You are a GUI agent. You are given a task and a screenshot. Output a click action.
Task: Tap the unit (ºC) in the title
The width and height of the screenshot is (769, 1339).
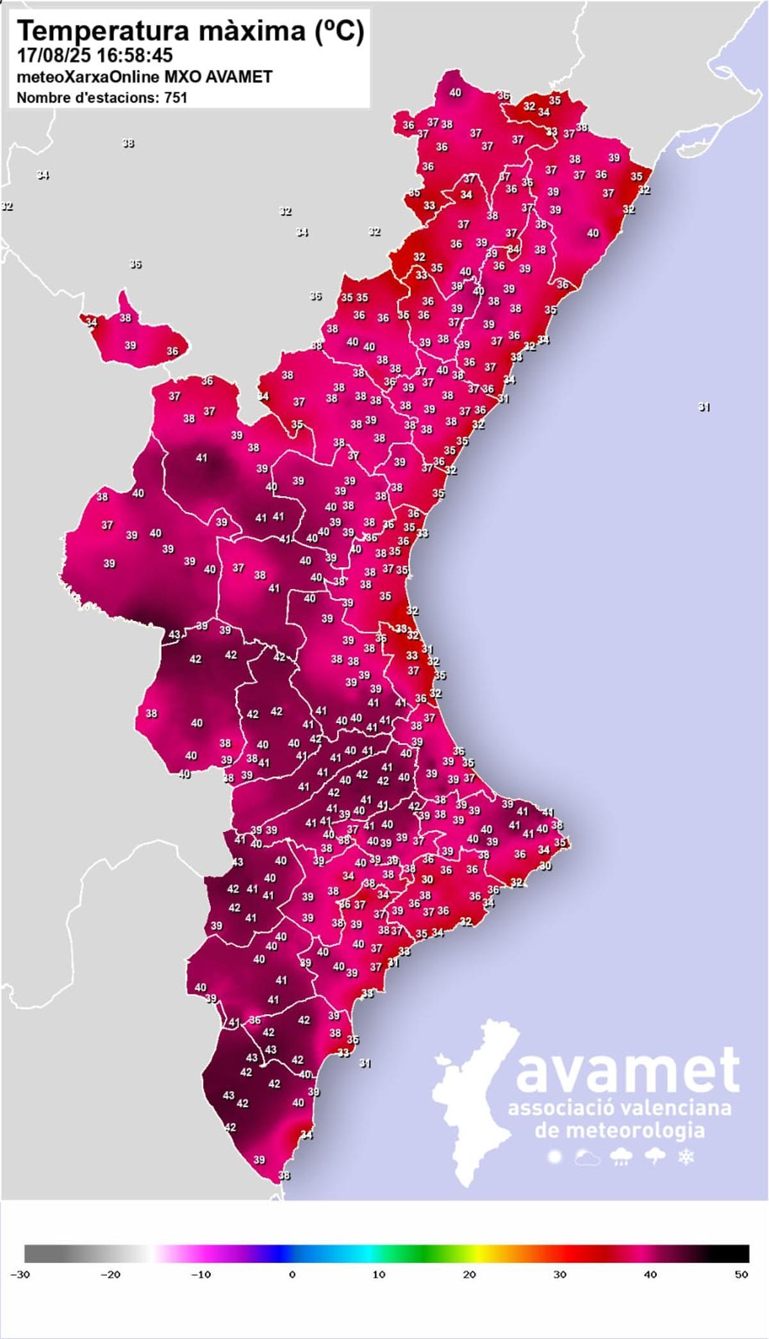(339, 31)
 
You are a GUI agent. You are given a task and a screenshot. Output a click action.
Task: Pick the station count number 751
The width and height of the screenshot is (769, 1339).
(175, 97)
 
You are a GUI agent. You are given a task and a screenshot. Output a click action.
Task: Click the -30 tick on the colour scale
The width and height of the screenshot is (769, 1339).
(20, 1292)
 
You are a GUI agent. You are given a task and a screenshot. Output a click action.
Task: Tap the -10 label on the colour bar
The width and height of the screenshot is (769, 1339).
(201, 1292)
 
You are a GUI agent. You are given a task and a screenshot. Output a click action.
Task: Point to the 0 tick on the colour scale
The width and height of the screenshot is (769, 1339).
(292, 1292)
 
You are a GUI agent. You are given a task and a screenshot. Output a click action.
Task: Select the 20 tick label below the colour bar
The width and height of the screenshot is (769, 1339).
(470, 1292)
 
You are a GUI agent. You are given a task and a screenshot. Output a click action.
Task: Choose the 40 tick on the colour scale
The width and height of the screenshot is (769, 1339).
(650, 1292)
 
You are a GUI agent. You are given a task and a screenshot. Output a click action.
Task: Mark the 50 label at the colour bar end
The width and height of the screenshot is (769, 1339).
(741, 1292)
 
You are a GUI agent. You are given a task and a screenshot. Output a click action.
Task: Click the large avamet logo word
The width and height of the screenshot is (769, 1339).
(627, 1071)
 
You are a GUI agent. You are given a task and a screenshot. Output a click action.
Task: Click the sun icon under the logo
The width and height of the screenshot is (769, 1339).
(554, 1158)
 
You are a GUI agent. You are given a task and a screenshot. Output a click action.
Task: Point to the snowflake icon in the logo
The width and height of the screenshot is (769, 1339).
(686, 1158)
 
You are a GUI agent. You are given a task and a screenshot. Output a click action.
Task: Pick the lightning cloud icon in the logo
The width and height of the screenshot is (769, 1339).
(654, 1158)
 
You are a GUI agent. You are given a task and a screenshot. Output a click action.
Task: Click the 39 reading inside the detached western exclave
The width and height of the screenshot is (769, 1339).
(130, 345)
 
